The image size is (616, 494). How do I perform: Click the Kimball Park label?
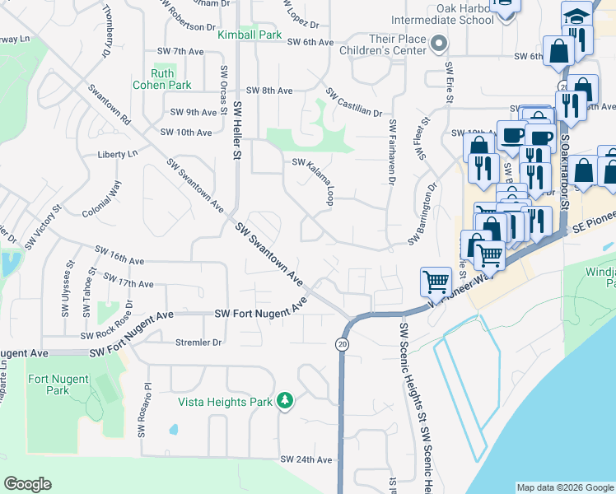[x=250, y=35]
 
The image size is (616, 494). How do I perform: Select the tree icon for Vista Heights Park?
[x=285, y=400]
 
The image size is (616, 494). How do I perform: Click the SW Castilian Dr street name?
[x=354, y=102]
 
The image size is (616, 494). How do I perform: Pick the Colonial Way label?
[x=102, y=199]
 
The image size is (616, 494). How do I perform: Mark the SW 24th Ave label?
[x=306, y=459]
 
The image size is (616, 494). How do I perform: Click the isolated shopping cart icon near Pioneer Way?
[x=435, y=282]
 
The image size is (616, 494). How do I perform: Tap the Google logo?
[x=27, y=484]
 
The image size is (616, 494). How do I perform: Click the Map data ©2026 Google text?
[x=564, y=487]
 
